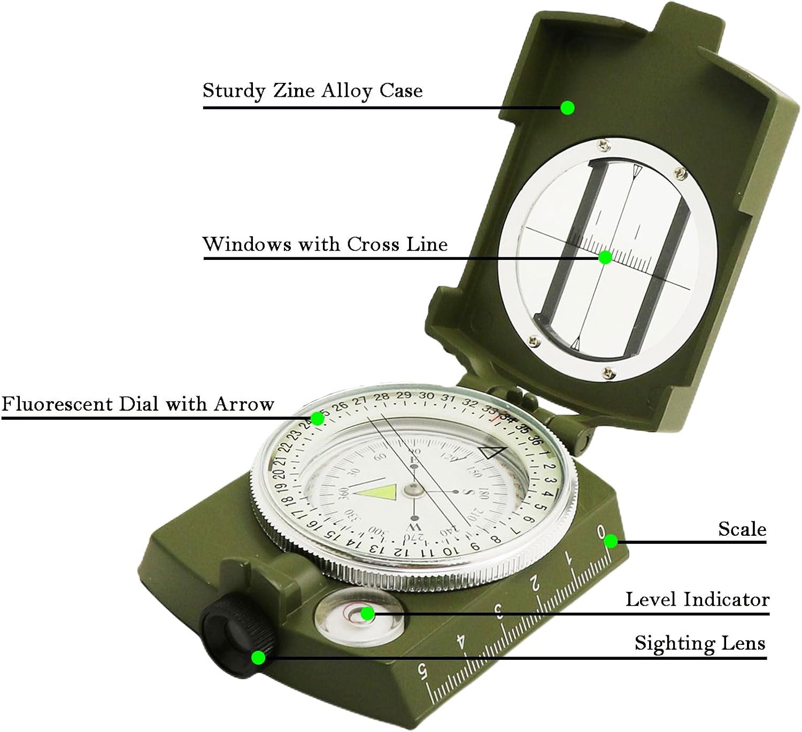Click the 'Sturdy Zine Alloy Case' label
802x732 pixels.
pyautogui.click(x=312, y=90)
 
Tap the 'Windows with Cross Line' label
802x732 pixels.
pyautogui.click(x=325, y=244)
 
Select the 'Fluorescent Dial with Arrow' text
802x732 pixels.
pyautogui.click(x=137, y=404)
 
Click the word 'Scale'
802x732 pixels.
pyautogui.click(x=742, y=529)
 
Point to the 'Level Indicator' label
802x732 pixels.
pyautogui.click(x=697, y=599)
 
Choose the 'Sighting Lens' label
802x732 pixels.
pyautogui.click(x=700, y=643)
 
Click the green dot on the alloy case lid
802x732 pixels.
pyautogui.click(x=567, y=108)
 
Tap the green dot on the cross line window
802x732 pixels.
pyautogui.click(x=605, y=258)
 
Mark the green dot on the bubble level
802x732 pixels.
pyautogui.click(x=367, y=614)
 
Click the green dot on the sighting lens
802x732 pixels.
pyautogui.click(x=259, y=658)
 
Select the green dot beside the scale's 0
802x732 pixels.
pyautogui.click(x=611, y=542)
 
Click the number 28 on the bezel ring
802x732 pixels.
pyautogui.click(x=381, y=397)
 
